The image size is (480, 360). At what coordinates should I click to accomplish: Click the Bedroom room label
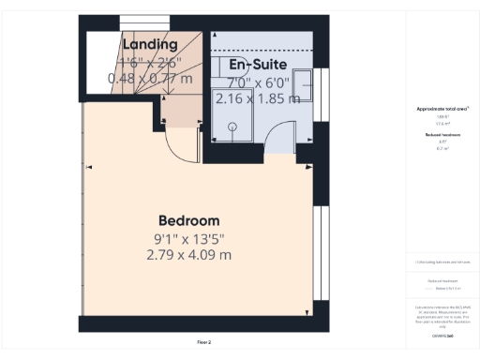(x=189, y=220)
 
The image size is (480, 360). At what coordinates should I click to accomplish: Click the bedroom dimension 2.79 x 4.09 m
(x=189, y=254)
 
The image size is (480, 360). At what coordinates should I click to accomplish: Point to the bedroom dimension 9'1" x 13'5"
(x=189, y=238)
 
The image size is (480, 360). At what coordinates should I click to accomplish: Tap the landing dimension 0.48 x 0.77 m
(x=151, y=79)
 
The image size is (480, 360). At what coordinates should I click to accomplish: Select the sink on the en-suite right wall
(x=304, y=84)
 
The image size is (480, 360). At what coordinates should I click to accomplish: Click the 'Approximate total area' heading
(x=442, y=110)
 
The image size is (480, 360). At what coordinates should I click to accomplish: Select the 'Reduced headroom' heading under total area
(x=442, y=135)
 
